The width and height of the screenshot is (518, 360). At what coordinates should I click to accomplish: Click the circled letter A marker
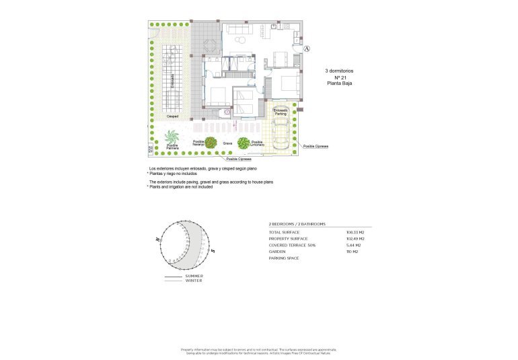[307, 49]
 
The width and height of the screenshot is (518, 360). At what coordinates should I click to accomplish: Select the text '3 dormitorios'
[339, 71]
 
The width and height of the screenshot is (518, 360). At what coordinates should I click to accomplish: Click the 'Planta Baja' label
[339, 84]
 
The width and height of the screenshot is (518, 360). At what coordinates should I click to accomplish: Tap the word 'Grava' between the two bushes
[227, 143]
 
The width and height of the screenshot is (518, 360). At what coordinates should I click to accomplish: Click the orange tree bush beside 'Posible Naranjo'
[211, 143]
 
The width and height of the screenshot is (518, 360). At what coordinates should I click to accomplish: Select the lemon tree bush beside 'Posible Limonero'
[244, 143]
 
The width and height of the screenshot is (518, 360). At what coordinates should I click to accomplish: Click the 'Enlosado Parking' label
[281, 112]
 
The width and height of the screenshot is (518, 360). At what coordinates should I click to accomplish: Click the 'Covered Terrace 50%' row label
[292, 245]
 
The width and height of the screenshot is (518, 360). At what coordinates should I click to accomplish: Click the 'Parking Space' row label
[283, 258]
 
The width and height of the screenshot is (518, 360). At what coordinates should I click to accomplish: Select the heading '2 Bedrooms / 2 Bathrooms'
[297, 223]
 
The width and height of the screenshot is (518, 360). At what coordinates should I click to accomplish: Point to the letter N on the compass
[157, 239]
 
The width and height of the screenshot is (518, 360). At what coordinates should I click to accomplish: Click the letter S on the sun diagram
[212, 251]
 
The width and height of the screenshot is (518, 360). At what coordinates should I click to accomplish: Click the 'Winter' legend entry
[193, 281]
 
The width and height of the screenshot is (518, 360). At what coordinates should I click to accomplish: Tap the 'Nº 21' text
[338, 77]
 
